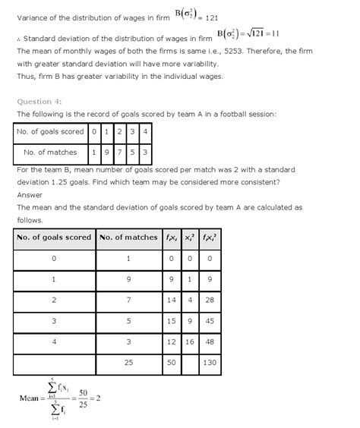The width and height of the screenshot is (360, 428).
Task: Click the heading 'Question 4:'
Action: [39, 101]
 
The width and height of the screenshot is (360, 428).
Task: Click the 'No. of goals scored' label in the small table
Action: [51, 132]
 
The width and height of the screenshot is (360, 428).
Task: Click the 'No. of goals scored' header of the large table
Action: [52, 238]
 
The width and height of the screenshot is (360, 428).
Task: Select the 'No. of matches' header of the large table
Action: [128, 238]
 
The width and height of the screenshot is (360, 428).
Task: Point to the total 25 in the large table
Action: [128, 363]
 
